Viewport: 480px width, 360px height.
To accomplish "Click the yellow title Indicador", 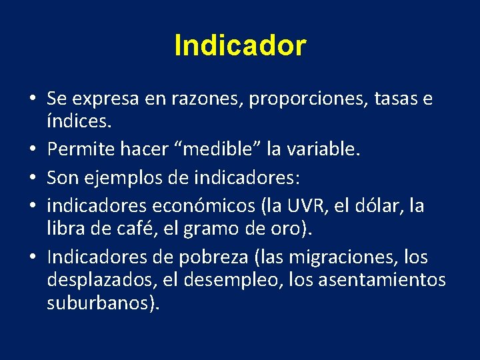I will tap(240, 46).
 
